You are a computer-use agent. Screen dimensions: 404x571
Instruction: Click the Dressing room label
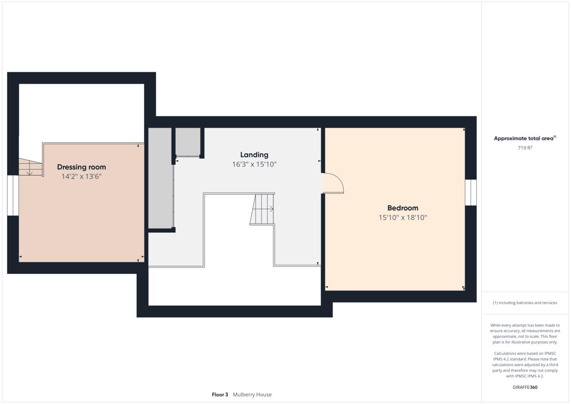(81, 167)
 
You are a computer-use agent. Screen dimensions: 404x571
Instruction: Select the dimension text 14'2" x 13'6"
(81, 176)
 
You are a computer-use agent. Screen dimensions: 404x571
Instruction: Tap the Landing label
(254, 155)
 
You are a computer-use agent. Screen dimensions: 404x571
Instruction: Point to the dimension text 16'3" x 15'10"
(254, 164)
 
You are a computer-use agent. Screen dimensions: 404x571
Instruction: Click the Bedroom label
(403, 208)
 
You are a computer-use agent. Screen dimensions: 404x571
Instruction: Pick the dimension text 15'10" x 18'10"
(403, 217)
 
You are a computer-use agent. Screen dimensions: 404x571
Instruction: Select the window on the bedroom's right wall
(470, 192)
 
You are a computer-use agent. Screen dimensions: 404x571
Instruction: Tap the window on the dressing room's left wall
(13, 195)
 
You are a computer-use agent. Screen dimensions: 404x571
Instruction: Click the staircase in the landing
(263, 209)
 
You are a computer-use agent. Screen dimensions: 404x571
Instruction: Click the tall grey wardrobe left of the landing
(160, 178)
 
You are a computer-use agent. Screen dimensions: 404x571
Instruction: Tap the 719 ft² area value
(525, 148)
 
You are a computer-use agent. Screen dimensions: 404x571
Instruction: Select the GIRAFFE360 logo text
(525, 387)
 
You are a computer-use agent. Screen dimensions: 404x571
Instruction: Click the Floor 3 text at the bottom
(220, 394)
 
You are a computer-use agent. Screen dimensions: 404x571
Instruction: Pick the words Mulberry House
(252, 394)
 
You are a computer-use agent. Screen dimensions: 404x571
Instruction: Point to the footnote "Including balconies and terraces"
(525, 303)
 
